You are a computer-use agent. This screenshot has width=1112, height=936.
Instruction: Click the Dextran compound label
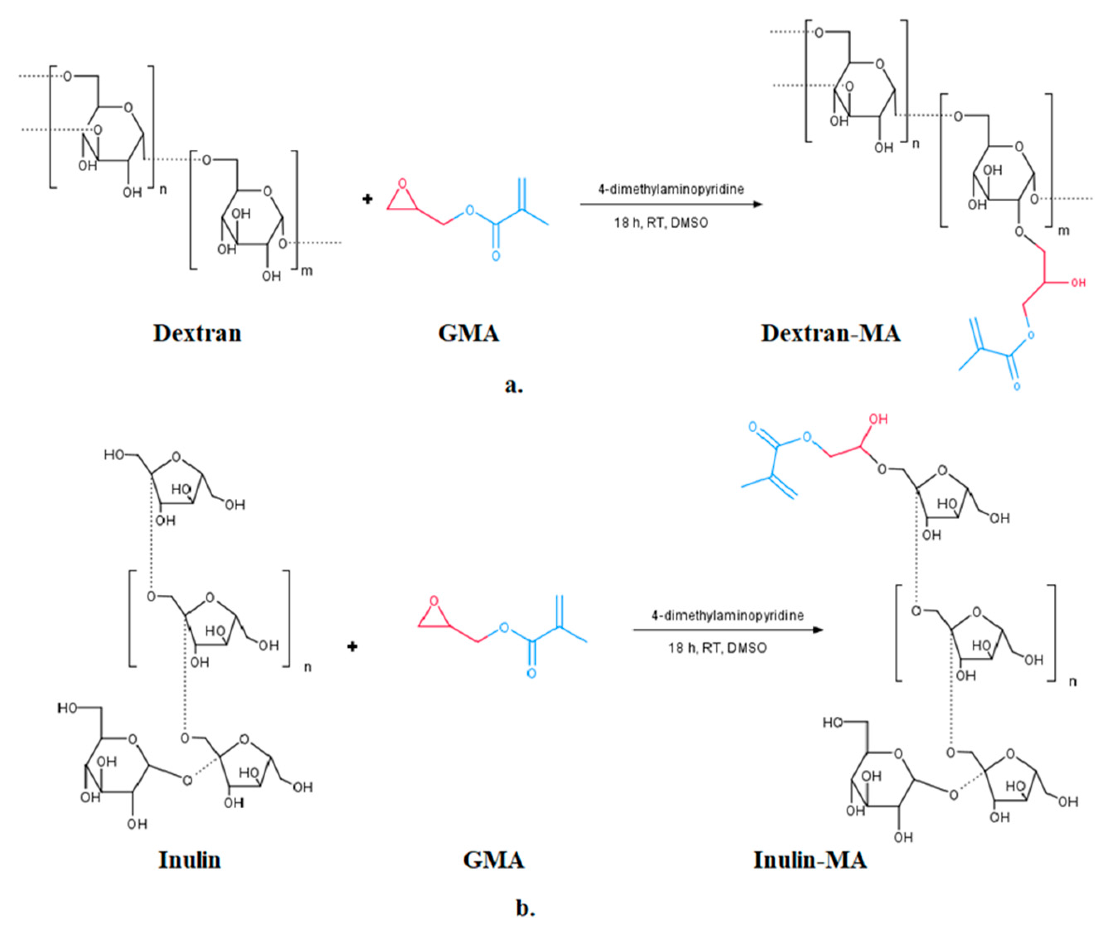coord(197,334)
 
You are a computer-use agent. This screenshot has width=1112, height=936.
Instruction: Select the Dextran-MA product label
coord(831,334)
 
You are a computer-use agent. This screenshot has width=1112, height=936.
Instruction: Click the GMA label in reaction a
coord(469,334)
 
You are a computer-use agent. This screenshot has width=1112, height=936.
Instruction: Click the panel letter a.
coord(513,386)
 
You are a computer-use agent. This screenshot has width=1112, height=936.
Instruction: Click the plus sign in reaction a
coord(367,199)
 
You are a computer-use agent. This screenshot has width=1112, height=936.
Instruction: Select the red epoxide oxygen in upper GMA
coord(403,184)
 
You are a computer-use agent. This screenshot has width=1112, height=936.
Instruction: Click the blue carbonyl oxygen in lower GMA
coord(531,673)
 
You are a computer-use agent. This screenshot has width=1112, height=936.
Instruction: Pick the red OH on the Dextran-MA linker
coord(1078,283)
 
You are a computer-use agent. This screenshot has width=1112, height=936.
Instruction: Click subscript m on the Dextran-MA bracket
coord(1064,231)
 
